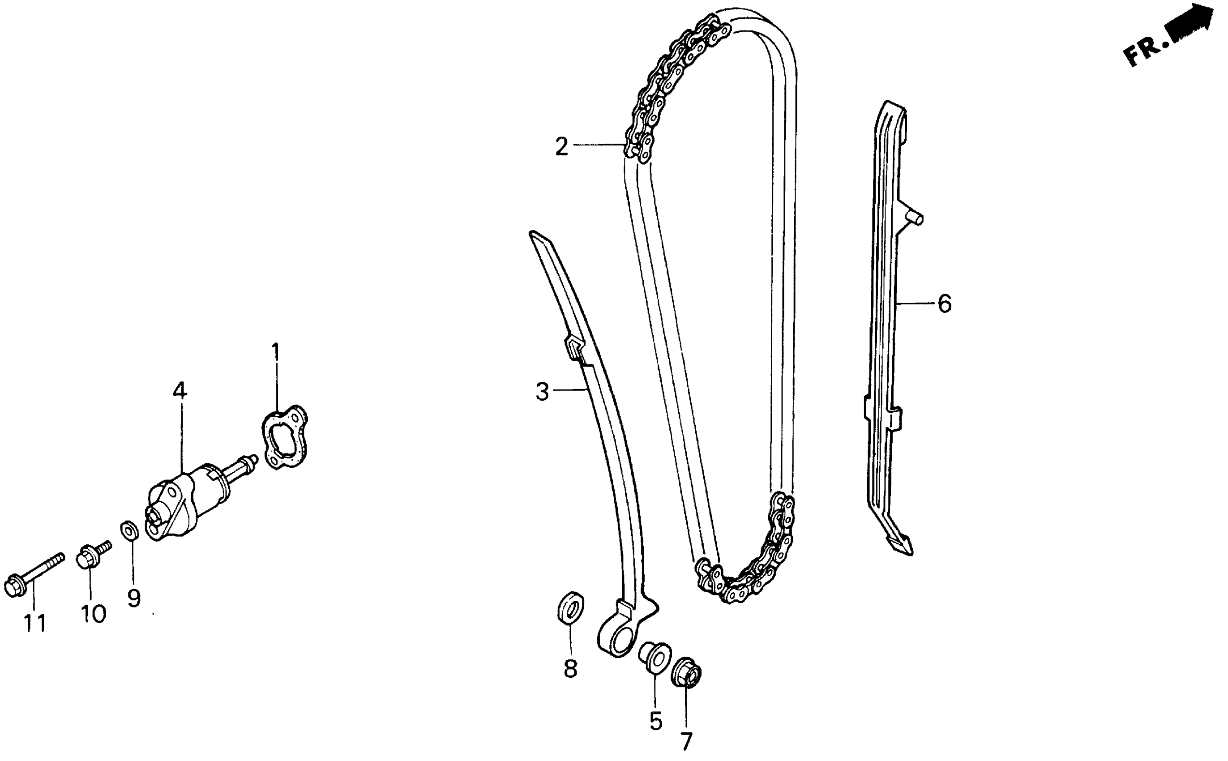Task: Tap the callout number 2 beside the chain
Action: point(562,146)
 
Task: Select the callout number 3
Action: point(542,391)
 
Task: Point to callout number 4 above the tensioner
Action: point(180,390)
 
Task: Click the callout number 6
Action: point(945,304)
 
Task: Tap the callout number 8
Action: point(570,669)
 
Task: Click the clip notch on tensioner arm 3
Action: point(575,347)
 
